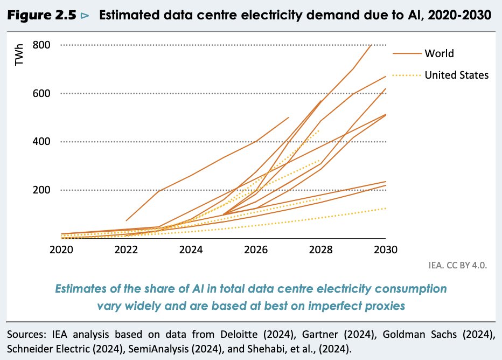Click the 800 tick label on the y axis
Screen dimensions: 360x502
41,45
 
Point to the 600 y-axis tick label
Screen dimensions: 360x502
41,93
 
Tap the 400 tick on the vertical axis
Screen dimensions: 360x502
41,142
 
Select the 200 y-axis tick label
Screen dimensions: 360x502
41,190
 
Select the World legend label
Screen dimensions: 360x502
439,53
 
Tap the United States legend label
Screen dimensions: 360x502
456,75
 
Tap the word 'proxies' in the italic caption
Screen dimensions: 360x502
387,306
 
